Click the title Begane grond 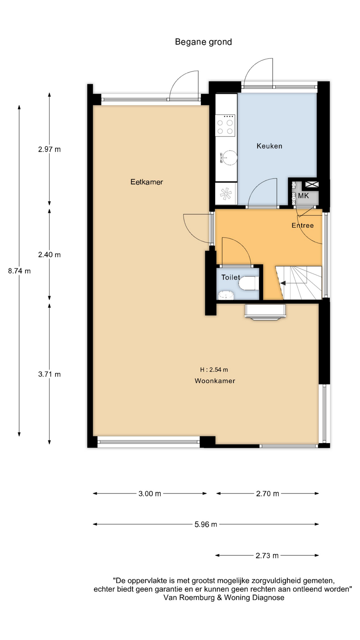click(203, 42)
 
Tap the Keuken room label click(269, 146)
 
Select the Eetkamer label click(147, 182)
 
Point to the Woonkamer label click(215, 381)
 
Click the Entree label click(303, 225)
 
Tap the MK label click(303, 196)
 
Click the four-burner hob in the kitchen click(225, 125)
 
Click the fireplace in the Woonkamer click(265, 312)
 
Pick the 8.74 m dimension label click(19, 271)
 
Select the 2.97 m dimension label click(49, 149)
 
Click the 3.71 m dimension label click(49, 374)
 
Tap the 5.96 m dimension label click(206, 524)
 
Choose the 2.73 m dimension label click(267, 556)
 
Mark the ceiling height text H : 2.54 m click(214, 370)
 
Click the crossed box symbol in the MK click(312, 184)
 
